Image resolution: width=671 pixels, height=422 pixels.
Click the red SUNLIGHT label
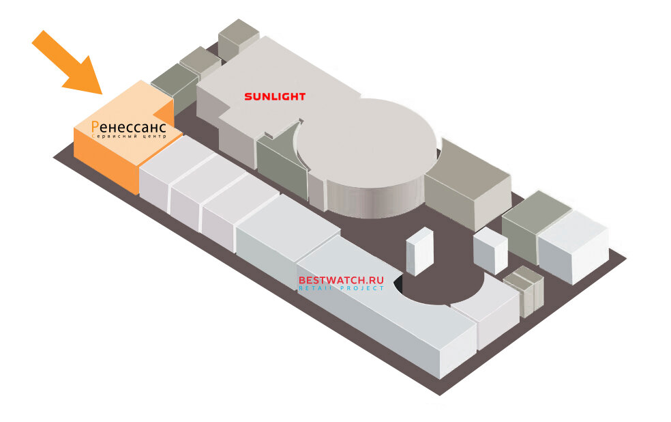274,97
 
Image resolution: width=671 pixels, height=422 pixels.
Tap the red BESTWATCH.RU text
341,280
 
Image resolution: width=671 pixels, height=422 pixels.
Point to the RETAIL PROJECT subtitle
341,289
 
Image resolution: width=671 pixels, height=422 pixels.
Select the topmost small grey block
239,37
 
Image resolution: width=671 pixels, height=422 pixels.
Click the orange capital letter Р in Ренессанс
95,127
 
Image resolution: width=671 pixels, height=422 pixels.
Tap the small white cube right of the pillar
490,250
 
